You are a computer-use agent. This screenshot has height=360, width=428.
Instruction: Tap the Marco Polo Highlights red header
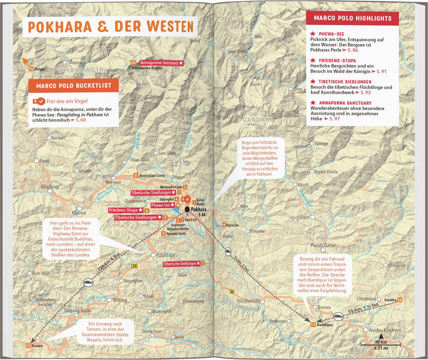coord(352,18)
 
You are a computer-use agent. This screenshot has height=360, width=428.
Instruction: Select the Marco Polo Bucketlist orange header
coord(74,86)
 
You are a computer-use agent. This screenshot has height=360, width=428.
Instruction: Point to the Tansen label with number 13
coord(37,346)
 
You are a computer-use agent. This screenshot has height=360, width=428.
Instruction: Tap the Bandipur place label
coord(325,325)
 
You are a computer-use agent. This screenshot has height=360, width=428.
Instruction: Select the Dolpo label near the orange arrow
coord(39,69)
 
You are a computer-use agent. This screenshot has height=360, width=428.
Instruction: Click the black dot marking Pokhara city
coord(187,210)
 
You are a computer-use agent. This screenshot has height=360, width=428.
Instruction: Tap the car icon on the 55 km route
coord(338,316)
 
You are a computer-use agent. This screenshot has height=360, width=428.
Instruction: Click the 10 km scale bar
coord(380,345)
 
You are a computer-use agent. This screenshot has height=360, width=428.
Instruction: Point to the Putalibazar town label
coord(166,255)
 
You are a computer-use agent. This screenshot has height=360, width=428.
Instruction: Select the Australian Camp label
coord(152,175)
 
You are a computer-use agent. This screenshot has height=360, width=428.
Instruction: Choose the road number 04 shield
coord(232,291)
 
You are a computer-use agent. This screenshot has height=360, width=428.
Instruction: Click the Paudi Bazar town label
coord(323,245)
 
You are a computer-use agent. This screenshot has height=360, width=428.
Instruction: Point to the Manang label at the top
coord(195,41)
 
